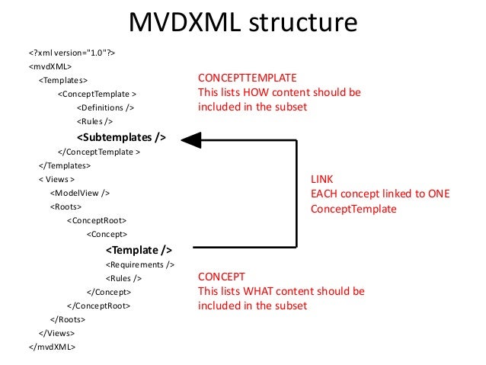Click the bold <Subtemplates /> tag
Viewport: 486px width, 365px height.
click(x=121, y=137)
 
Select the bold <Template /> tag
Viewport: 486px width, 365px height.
click(x=139, y=249)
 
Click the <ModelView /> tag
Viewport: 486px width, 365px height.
click(x=79, y=193)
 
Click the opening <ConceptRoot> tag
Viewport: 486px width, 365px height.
click(x=97, y=220)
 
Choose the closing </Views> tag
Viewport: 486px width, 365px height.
click(x=56, y=333)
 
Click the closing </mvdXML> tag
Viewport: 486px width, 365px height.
click(x=52, y=347)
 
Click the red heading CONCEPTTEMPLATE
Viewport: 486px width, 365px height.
click(x=247, y=78)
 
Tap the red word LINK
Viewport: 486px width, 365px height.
click(x=321, y=180)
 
